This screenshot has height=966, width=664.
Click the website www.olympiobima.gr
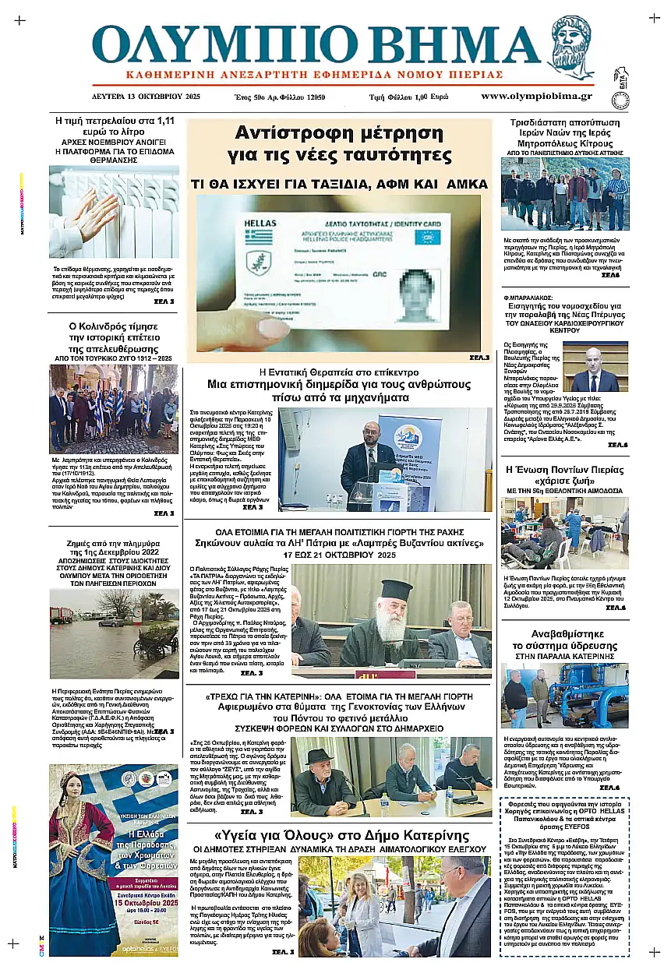pos(536,97)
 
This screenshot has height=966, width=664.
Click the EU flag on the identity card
pos(427,237)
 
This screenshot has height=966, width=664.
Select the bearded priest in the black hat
pos(387,615)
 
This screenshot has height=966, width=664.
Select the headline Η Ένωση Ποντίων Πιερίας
pos(565,470)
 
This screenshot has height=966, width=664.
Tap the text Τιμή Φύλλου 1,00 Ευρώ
pos(408,97)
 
